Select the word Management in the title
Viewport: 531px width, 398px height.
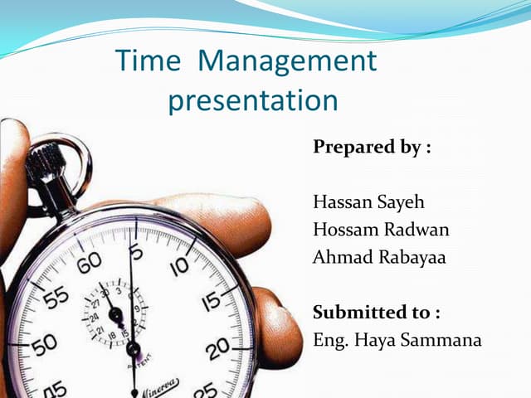(x=289, y=61)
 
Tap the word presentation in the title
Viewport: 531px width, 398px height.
(x=253, y=101)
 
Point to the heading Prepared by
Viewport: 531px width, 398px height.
(x=372, y=148)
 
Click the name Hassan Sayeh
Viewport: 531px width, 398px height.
(x=366, y=202)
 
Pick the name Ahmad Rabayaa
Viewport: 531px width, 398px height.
(x=378, y=257)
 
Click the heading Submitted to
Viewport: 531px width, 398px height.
(x=376, y=313)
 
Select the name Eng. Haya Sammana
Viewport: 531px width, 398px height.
(x=397, y=340)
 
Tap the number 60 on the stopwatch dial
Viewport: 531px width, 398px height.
(x=89, y=263)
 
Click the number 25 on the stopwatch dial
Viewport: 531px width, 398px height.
(x=206, y=388)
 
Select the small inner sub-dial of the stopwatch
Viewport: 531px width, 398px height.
(x=115, y=313)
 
